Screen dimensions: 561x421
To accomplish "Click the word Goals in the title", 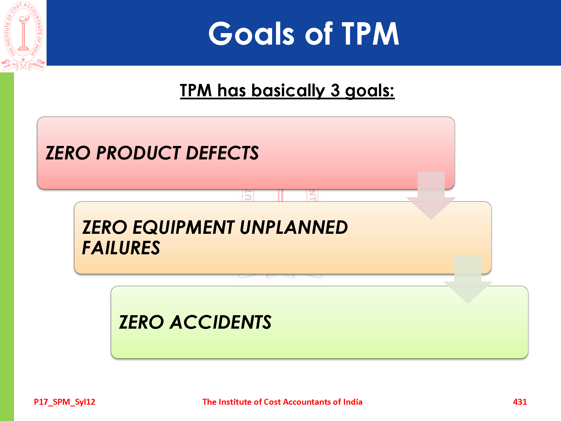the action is [x=252, y=33].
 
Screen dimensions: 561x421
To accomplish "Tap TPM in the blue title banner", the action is [x=370, y=33].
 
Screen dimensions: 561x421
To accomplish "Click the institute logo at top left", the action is [x=23, y=36].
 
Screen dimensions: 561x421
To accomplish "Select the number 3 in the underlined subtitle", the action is [x=335, y=90].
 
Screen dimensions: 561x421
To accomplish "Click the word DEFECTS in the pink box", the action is [x=222, y=153].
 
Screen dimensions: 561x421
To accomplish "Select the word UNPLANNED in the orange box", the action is [x=294, y=227].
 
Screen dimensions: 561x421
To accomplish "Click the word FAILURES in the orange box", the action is [x=121, y=248].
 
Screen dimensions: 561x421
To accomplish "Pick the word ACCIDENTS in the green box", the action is [x=220, y=322].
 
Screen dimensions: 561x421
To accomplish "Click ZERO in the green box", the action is [x=141, y=322].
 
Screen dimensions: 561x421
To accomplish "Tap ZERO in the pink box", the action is [x=68, y=153].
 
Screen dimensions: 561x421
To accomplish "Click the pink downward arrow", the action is [x=431, y=196].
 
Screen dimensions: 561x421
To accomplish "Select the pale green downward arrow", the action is [x=468, y=280].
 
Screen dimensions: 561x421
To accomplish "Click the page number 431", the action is [x=520, y=402].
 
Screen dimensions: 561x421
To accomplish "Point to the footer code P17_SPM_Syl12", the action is [x=65, y=402].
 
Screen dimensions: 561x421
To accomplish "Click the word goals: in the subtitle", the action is [x=370, y=91].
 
